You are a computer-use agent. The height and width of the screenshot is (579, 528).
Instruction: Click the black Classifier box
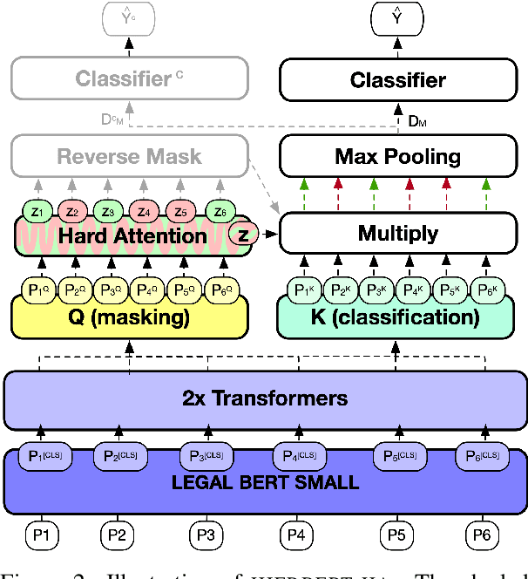tap(397, 81)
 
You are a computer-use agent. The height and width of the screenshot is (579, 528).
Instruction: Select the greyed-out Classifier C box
tap(129, 80)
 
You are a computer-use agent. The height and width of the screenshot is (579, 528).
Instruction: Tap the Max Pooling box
tap(397, 157)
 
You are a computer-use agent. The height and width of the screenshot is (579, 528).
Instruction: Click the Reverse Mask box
tap(129, 157)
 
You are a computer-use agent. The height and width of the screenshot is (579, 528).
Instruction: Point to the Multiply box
tap(397, 233)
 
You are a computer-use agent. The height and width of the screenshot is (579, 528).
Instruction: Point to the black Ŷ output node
tap(396, 14)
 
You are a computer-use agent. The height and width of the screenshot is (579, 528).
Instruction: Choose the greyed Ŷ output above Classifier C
tap(128, 14)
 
